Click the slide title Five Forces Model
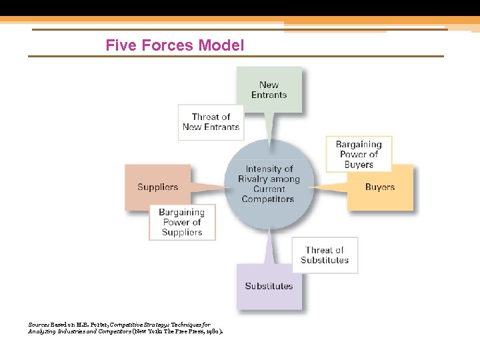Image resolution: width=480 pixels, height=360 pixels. [175, 45]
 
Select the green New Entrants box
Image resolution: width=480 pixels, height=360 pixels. [269, 89]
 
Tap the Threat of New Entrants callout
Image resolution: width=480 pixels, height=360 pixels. [211, 122]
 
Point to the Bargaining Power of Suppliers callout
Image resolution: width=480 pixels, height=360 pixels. [181, 222]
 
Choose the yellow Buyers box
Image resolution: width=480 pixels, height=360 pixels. [380, 187]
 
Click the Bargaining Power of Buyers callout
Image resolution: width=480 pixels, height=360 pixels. [359, 154]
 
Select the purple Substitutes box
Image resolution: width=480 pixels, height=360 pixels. [269, 287]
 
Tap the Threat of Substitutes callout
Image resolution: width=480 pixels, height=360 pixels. [325, 255]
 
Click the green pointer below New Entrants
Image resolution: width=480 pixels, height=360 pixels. [269, 127]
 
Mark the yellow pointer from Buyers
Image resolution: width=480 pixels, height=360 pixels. [329, 187]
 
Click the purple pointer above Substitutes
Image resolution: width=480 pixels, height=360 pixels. [269, 247]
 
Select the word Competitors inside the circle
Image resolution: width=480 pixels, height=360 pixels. [268, 199]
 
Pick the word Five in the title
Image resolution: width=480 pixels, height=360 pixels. [121, 45]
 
